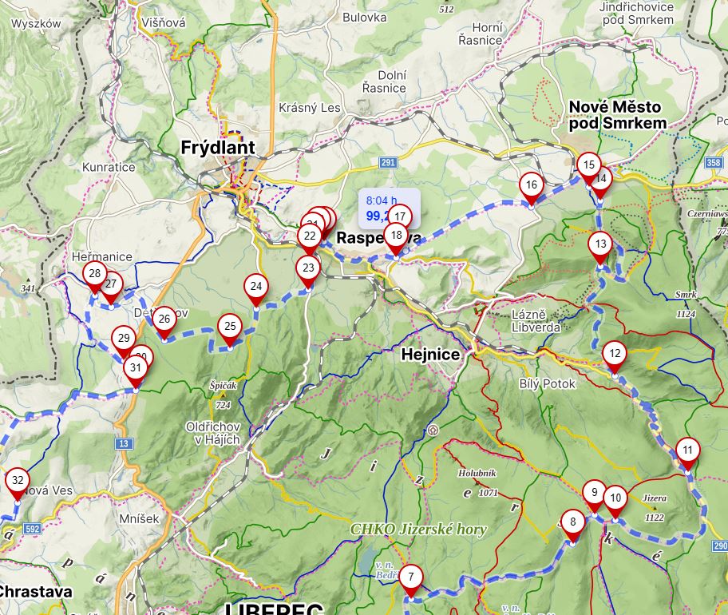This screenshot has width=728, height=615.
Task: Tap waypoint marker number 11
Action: [687, 450]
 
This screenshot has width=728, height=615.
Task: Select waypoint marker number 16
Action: [532, 185]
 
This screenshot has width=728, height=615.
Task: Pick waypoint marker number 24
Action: [255, 286]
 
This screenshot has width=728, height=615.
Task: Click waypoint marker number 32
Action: [17, 481]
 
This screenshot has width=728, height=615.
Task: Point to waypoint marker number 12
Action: [614, 353]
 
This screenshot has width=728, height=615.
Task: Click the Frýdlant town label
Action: [217, 148]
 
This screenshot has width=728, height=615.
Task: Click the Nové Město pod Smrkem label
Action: [617, 114]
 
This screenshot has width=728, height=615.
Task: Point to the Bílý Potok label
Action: [547, 384]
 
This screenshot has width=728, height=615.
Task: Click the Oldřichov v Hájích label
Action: [212, 433]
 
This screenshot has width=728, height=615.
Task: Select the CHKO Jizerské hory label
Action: [418, 530]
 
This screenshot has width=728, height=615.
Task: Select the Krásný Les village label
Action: [309, 108]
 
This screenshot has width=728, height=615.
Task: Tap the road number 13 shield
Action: [123, 443]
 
